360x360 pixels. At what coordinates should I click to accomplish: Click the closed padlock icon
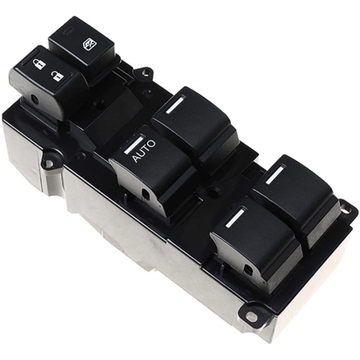(39, 64)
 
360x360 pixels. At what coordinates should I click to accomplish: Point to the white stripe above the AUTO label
(133, 145)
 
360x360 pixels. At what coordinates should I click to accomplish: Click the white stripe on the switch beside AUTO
(175, 105)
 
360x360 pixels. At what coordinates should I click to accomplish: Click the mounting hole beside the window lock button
(144, 73)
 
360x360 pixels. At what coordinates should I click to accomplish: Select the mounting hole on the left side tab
(48, 162)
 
